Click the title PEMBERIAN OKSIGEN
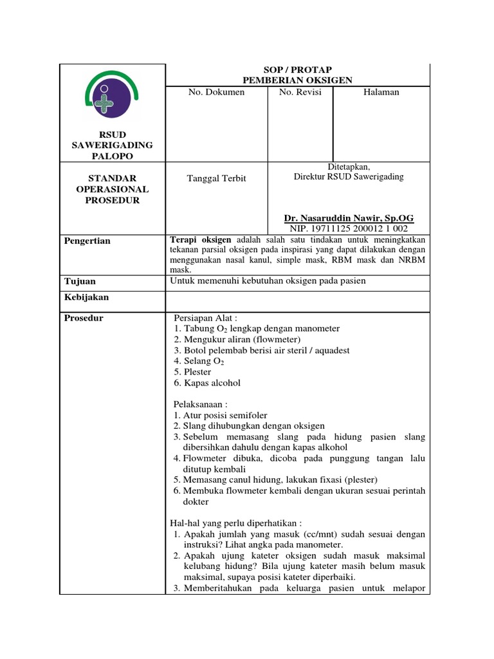tap(297, 80)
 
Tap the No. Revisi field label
tap(300, 93)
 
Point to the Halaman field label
tap(381, 93)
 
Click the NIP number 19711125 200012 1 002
tap(349, 228)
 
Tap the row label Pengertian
tap(87, 241)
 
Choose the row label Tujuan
tap(80, 281)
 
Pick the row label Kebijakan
tap(87, 297)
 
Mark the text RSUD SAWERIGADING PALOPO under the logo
tap(112, 145)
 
